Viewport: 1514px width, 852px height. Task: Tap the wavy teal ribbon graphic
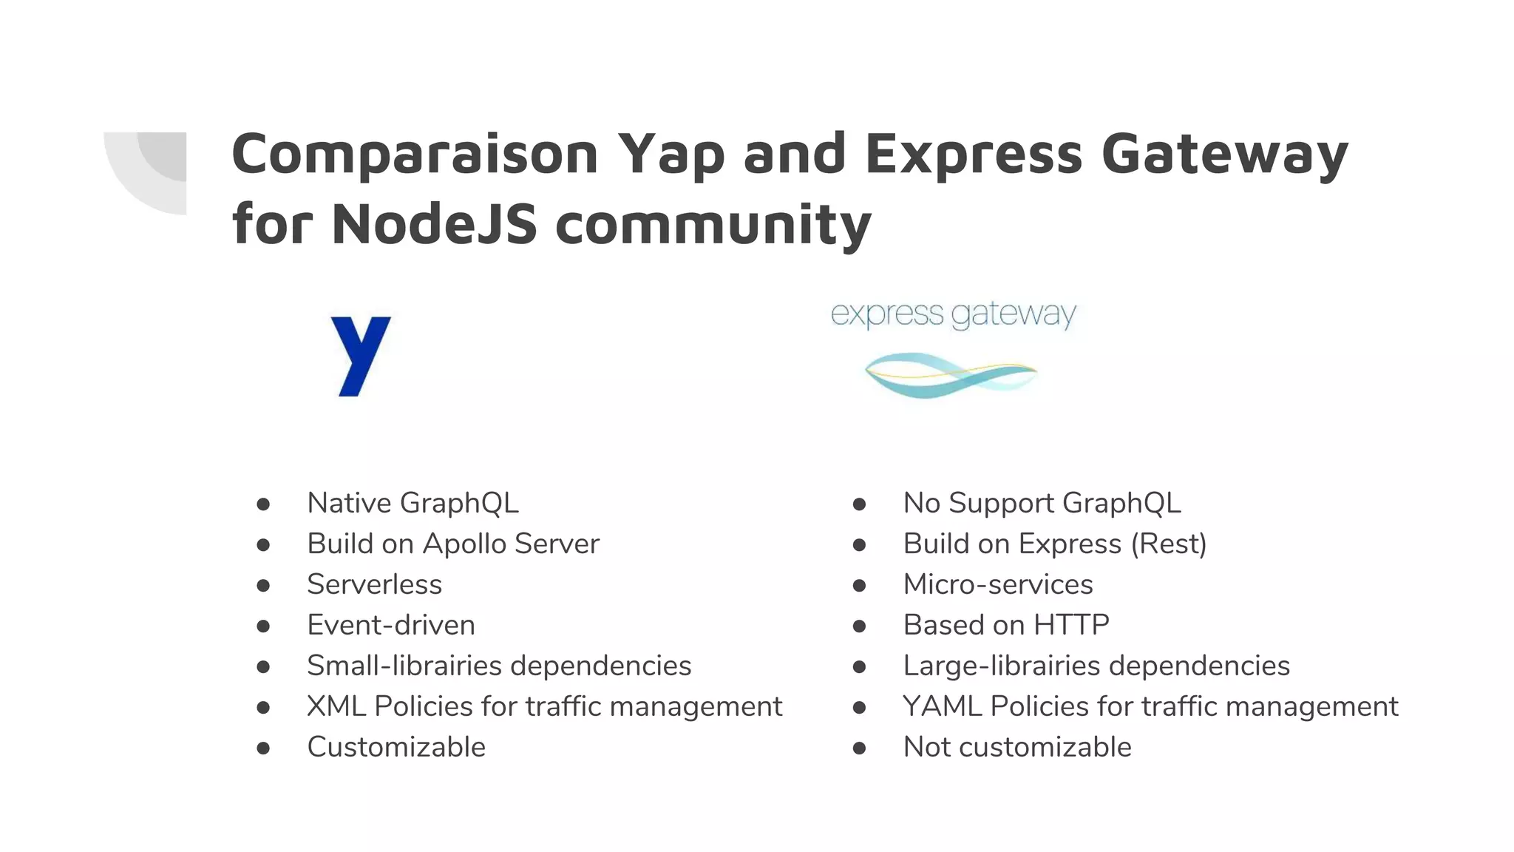point(951,374)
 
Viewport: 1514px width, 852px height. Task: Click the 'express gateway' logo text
point(953,314)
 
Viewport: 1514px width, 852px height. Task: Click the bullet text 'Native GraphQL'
point(413,503)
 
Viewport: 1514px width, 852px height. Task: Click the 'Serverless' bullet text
point(374,584)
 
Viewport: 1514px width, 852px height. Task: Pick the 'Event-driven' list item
point(390,625)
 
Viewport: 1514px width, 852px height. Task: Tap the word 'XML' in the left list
point(336,706)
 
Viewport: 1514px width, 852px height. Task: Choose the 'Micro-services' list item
point(997,584)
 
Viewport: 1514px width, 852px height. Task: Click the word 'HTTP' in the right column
point(1071,625)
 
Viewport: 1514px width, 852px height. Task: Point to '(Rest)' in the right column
point(1169,544)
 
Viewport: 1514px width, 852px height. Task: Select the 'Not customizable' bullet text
point(1016,747)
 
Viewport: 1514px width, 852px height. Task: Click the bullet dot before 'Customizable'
point(263,748)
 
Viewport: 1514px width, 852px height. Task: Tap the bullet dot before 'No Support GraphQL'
point(859,504)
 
